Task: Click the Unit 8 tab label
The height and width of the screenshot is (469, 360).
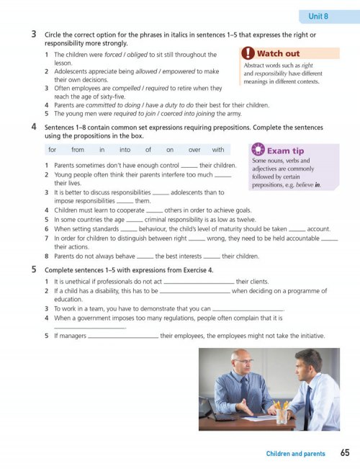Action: [x=318, y=16]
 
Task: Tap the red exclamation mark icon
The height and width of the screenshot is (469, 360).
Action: [x=248, y=53]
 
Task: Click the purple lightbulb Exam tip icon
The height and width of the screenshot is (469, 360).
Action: [x=258, y=149]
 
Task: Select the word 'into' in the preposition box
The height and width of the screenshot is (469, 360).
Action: [x=125, y=150]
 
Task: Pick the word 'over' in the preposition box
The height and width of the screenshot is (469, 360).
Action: [x=194, y=150]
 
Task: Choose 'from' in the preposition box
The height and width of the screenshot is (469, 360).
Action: [x=78, y=150]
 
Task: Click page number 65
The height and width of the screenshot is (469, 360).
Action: [x=345, y=452]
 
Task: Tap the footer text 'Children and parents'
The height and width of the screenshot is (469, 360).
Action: [x=295, y=453]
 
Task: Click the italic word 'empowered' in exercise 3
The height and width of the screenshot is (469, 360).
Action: [x=179, y=71]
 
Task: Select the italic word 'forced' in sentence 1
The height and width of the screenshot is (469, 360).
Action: [x=113, y=55]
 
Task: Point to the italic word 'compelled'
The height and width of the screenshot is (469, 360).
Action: [x=126, y=88]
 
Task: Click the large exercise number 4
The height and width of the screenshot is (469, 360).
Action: [x=34, y=127]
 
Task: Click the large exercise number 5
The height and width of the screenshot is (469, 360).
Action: [x=34, y=269]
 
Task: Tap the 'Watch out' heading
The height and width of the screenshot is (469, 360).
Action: [x=278, y=53]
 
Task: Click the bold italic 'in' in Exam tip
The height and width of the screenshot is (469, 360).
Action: [x=318, y=185]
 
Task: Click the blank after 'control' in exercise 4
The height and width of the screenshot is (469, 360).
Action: [x=189, y=167]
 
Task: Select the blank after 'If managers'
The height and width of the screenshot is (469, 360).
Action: [x=123, y=337]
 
